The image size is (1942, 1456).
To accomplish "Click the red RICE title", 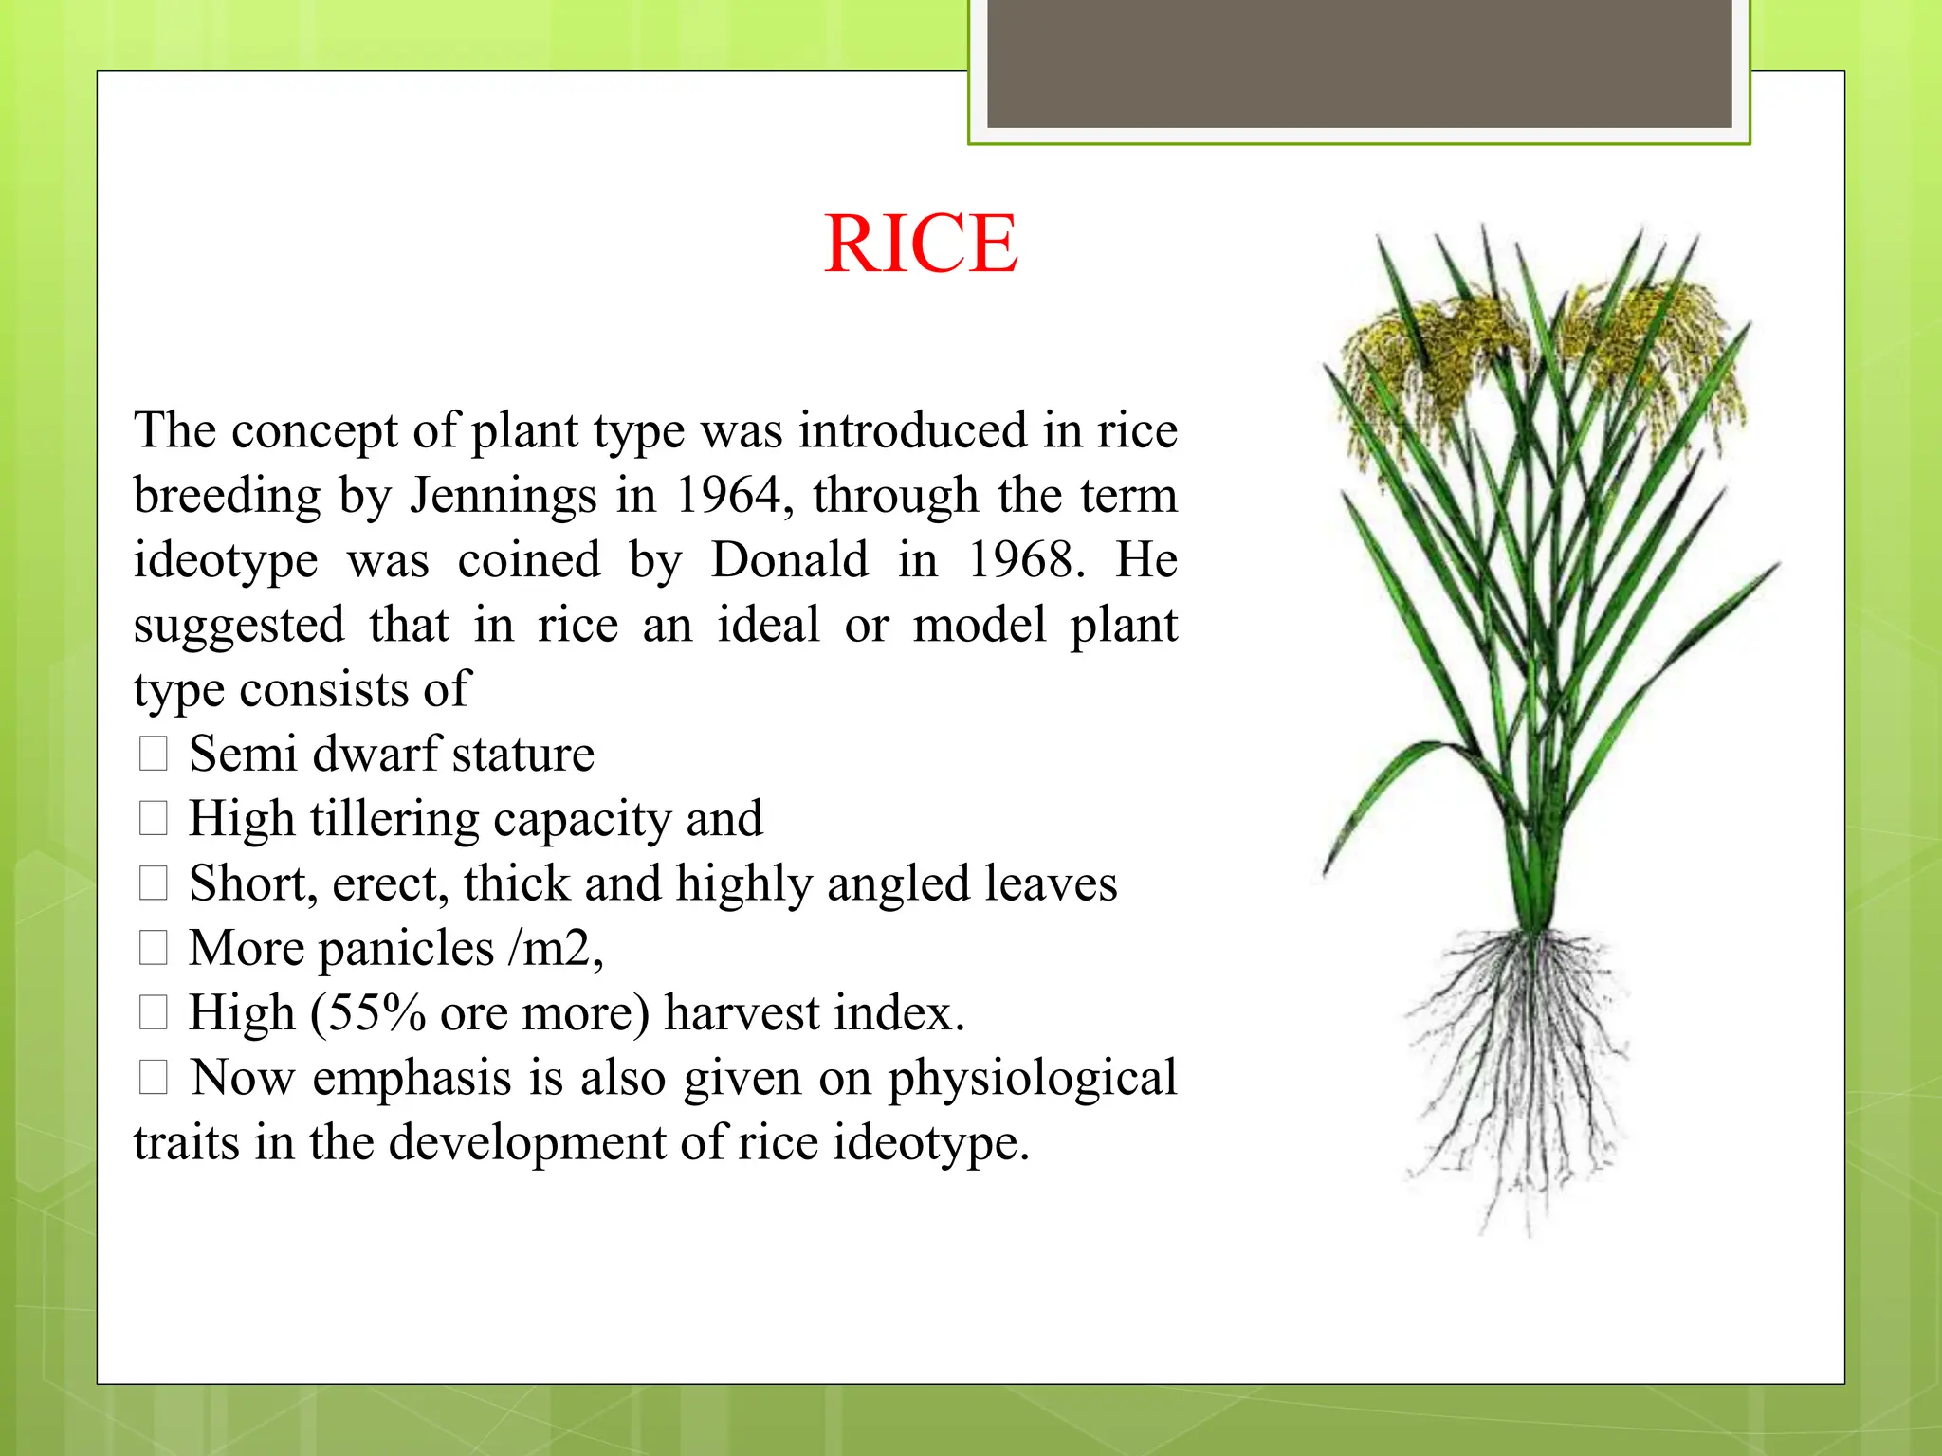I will pyautogui.click(x=921, y=245).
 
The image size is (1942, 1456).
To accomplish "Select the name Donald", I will pyautogui.click(x=789, y=560).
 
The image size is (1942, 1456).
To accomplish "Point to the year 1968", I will pyautogui.click(x=1024, y=560).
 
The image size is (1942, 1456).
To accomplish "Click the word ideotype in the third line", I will pyautogui.click(x=226, y=560).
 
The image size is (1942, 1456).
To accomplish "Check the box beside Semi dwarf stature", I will pyautogui.click(x=153, y=755).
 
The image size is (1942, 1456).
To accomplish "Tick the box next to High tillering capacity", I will pyautogui.click(x=153, y=819).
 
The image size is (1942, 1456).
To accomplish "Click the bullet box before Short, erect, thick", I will pyautogui.click(x=153, y=883).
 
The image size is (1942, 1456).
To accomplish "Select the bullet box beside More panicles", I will pyautogui.click(x=153, y=948).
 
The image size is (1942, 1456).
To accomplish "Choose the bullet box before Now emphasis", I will pyautogui.click(x=153, y=1078).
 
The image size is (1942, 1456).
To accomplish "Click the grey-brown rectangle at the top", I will pyautogui.click(x=1359, y=63).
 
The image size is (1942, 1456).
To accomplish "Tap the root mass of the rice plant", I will pyautogui.click(x=1517, y=1062).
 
